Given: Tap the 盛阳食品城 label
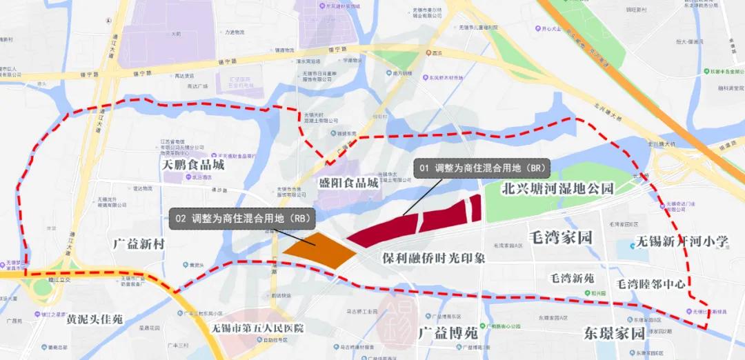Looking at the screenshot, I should pyautogui.click(x=349, y=183).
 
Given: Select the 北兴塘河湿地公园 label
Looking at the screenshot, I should pyautogui.click(x=557, y=188).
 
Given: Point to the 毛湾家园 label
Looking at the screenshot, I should pyautogui.click(x=561, y=238).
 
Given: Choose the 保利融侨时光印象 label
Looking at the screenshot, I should pyautogui.click(x=434, y=258).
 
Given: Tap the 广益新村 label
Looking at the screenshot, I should pyautogui.click(x=140, y=243).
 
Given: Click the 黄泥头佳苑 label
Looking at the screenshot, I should pyautogui.click(x=95, y=319).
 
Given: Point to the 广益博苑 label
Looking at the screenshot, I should pyautogui.click(x=448, y=332).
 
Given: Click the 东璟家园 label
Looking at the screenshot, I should pyautogui.click(x=613, y=333).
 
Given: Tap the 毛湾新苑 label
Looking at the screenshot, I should pyautogui.click(x=571, y=279).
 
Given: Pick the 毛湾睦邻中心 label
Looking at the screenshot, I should pyautogui.click(x=650, y=283).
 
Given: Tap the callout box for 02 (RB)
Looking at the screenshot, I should pyautogui.click(x=241, y=217).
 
